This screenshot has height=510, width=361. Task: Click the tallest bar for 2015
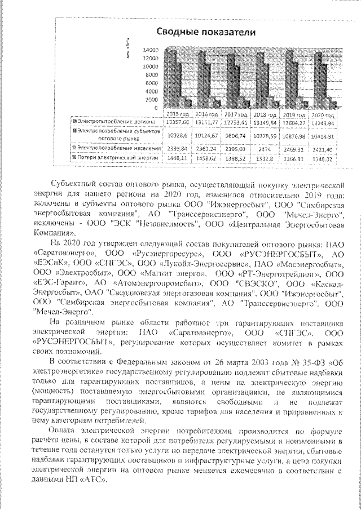click(x=169, y=79)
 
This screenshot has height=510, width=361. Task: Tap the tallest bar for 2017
click(x=230, y=81)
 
